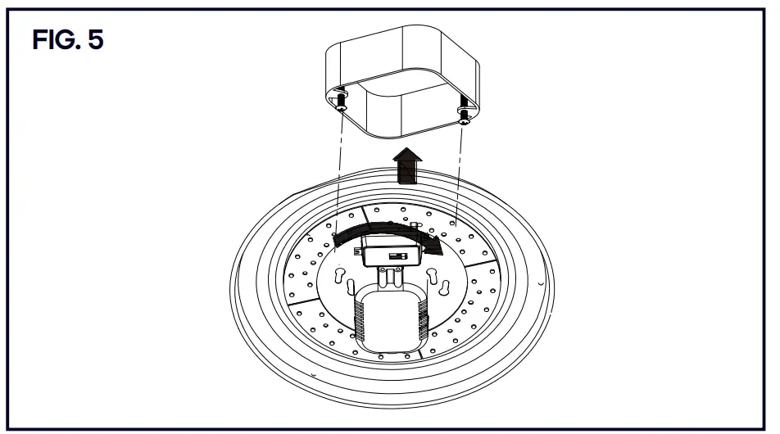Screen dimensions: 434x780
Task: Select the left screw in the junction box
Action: click(x=341, y=103)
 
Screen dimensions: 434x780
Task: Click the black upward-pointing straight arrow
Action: click(x=406, y=168)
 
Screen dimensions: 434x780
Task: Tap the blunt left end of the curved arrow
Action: click(x=338, y=238)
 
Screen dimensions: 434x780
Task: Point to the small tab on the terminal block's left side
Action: click(x=357, y=254)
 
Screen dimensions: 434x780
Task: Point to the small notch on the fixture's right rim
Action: click(x=538, y=281)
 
